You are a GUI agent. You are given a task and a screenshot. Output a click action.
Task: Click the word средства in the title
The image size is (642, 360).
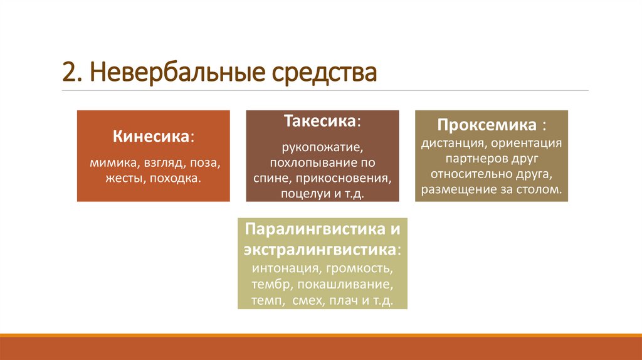point(324,73)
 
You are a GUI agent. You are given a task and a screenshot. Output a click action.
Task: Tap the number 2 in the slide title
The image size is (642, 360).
point(68,73)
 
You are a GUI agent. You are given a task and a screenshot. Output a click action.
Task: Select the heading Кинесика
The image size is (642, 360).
point(152,136)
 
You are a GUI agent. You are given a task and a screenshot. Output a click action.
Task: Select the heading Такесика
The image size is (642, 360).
point(321,120)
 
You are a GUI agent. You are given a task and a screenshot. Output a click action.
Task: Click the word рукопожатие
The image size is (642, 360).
point(322,149)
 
